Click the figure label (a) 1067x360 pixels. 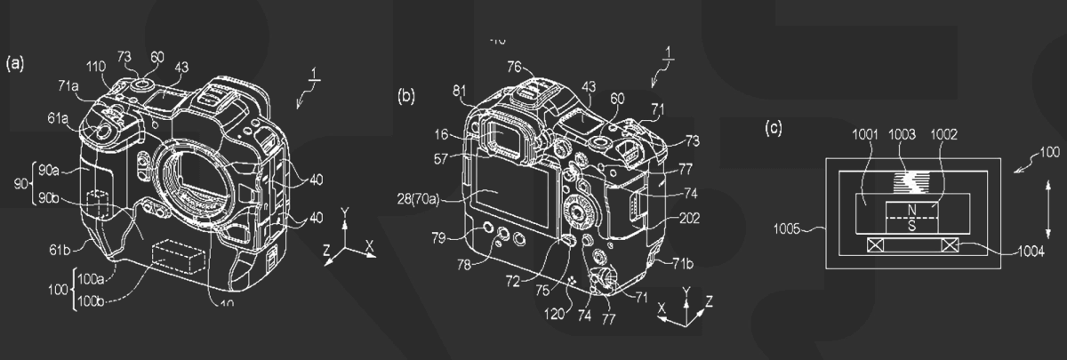click(15, 63)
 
